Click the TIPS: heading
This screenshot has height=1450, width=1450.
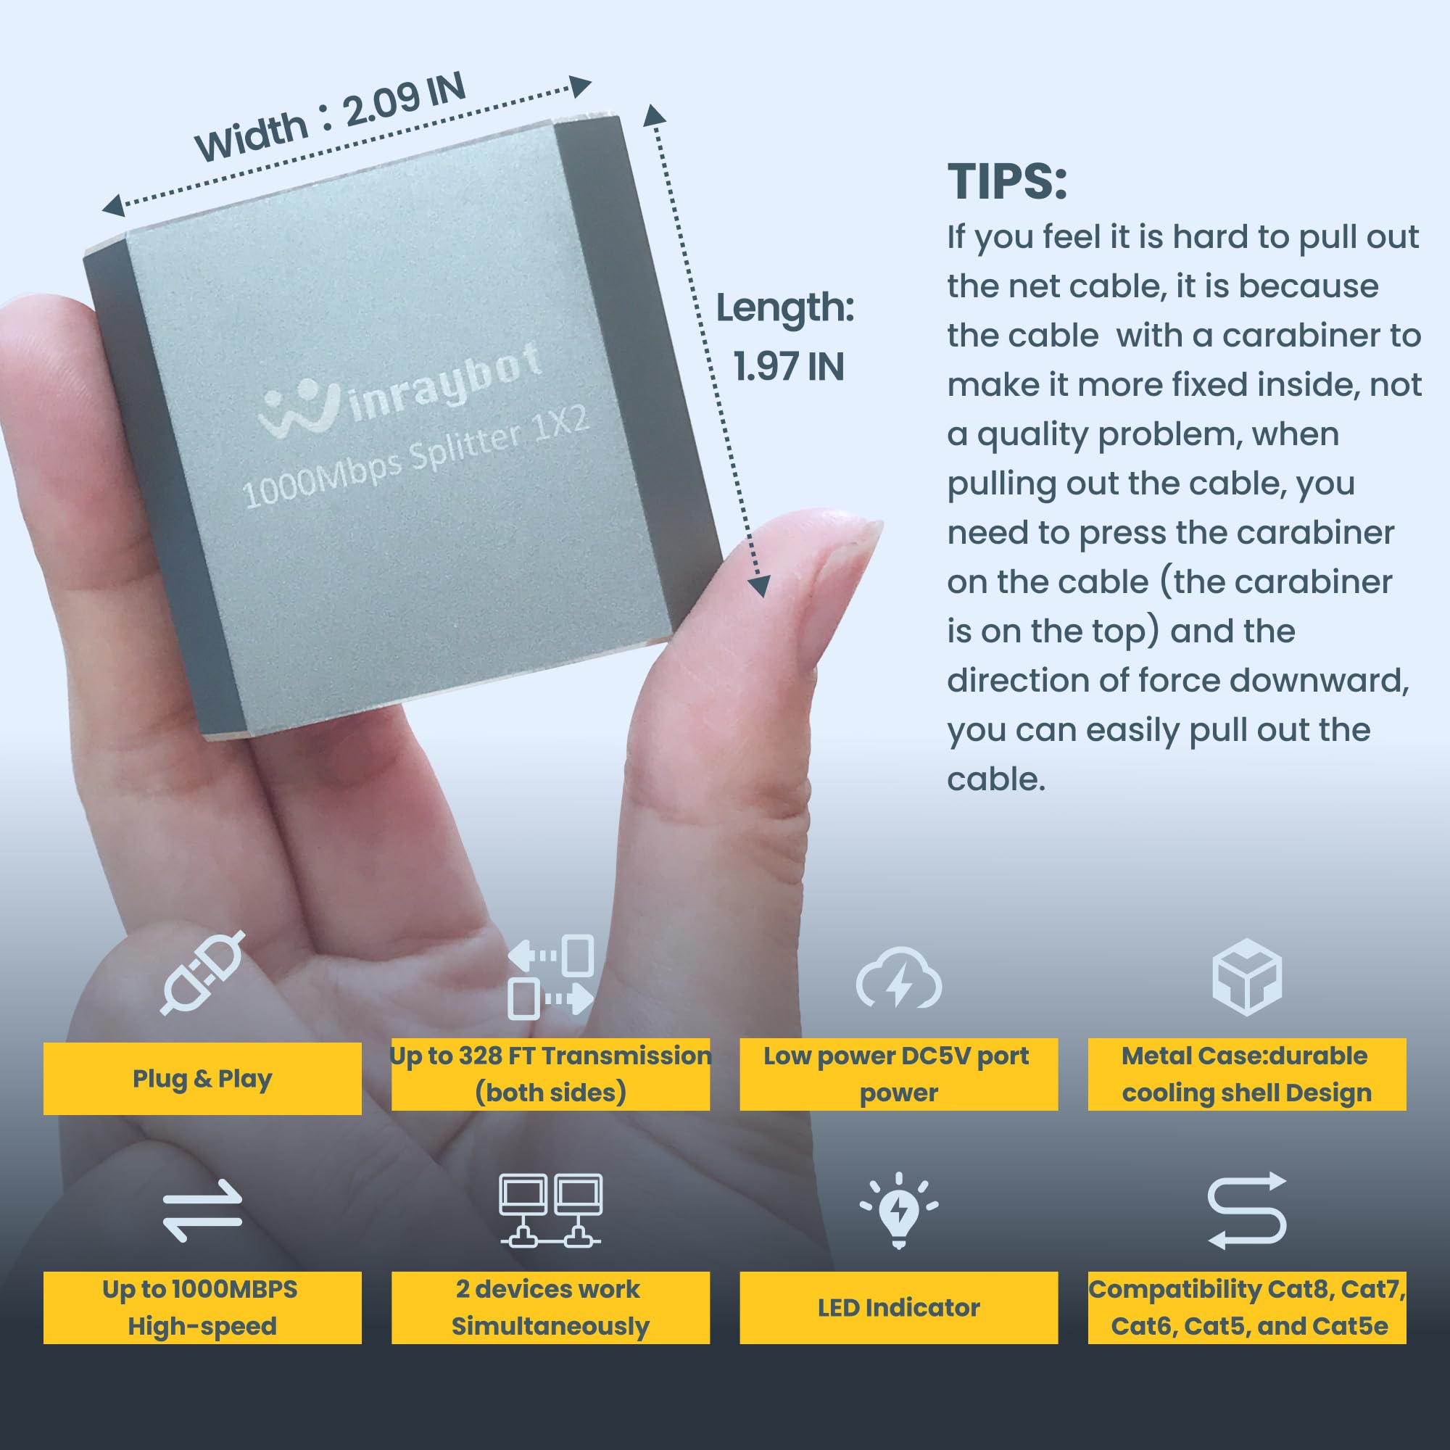coord(1006,182)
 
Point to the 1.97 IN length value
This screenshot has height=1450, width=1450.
coord(788,367)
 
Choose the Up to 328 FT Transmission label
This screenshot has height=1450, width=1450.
coord(550,1074)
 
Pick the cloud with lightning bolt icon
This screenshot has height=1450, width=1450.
coord(898,979)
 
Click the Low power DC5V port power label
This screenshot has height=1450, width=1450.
coord(898,1074)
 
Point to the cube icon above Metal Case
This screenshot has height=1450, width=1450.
coord(1246,977)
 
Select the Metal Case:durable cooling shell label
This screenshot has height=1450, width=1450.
coord(1246,1074)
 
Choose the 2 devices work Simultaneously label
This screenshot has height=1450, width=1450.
coord(550,1307)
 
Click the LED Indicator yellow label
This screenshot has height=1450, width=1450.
coord(898,1307)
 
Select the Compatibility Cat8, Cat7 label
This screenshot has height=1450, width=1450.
coord(1246,1307)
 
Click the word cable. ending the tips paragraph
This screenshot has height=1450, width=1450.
coord(995,780)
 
